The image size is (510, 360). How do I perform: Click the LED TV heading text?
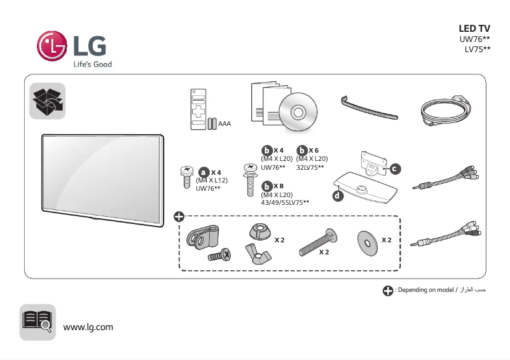[474, 29]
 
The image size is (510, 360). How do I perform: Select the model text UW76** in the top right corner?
[475, 39]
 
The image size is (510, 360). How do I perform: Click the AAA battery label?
[224, 123]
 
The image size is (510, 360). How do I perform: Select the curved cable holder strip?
[369, 107]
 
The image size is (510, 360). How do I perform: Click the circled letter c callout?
[395, 169]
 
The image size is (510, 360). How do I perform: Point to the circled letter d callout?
[338, 196]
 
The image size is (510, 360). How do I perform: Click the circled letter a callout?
[203, 172]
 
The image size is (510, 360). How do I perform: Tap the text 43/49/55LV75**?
[285, 202]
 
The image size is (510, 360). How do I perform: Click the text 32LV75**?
[310, 167]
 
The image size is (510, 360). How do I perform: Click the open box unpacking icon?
[48, 100]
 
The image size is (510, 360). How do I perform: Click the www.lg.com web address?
[88, 327]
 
